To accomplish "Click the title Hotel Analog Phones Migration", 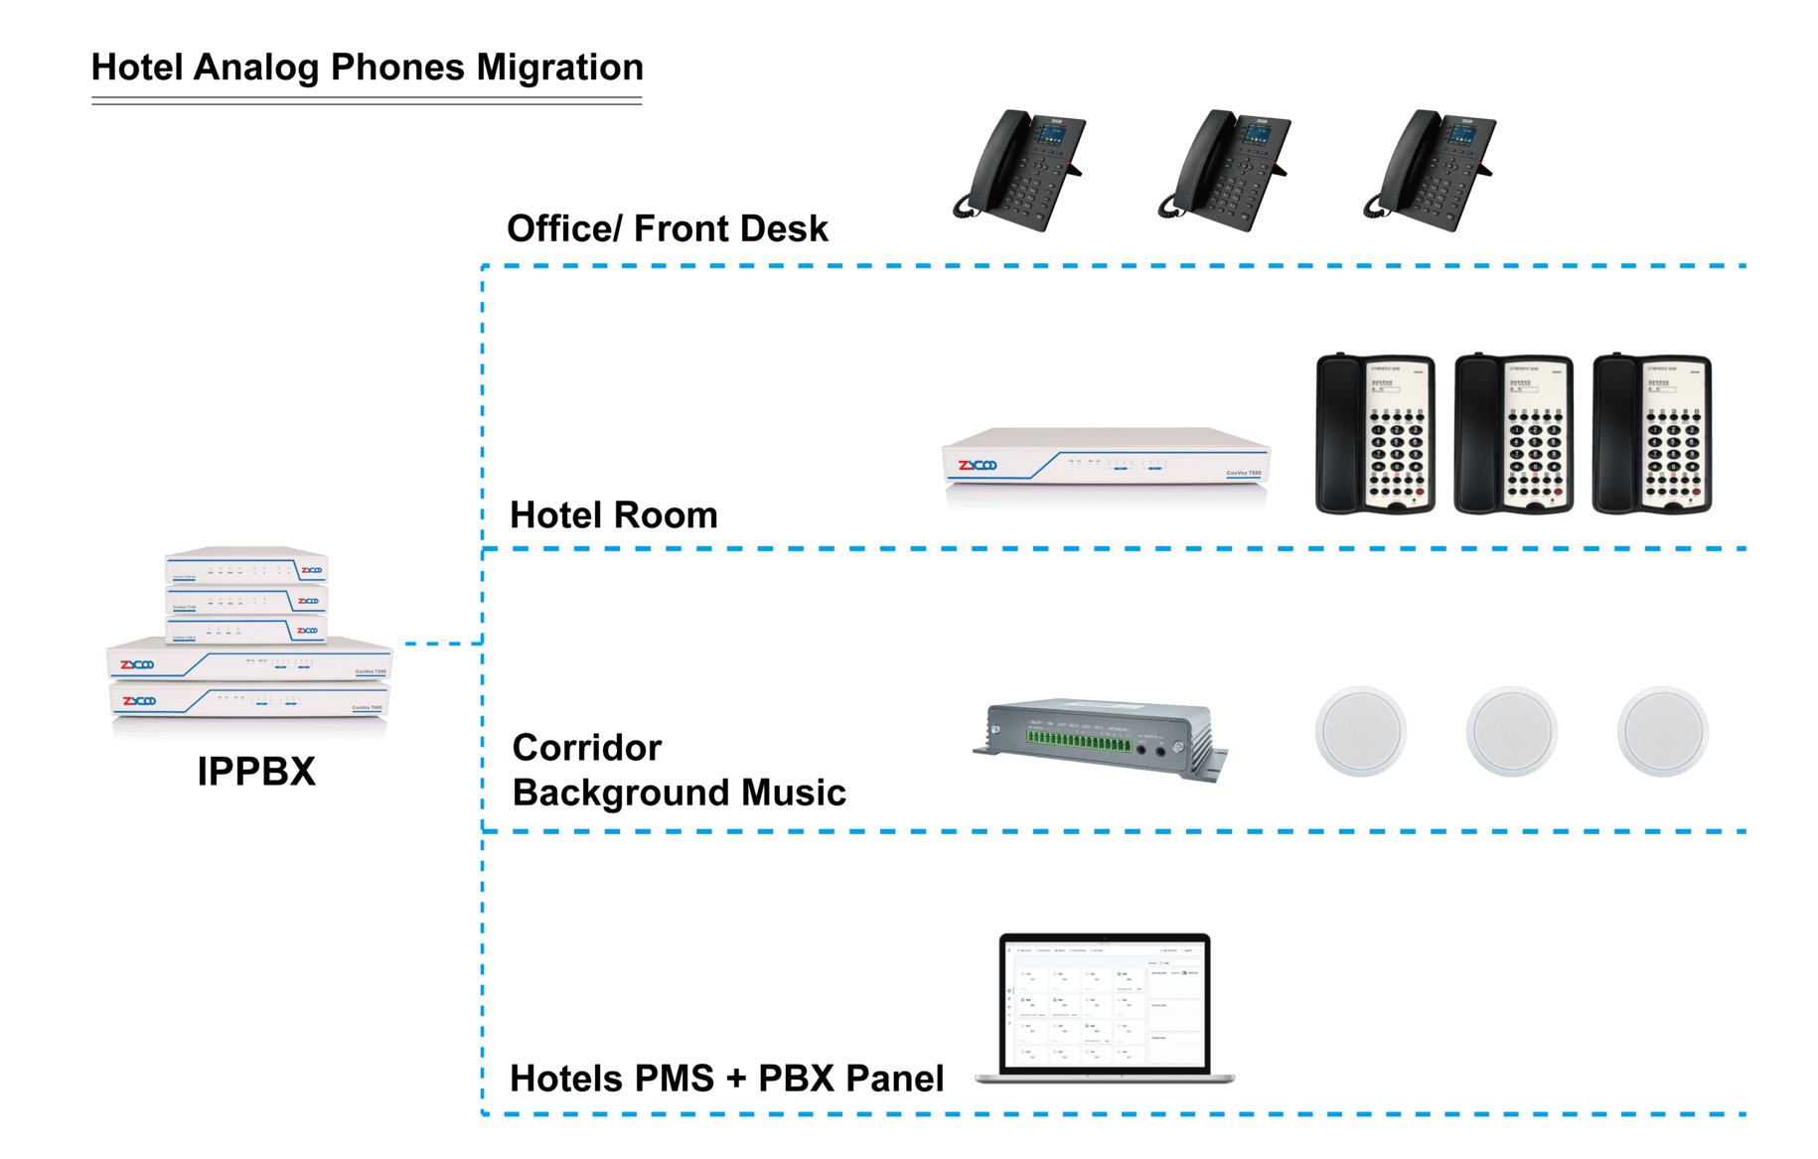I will point(368,68).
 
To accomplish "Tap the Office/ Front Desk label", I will point(671,229).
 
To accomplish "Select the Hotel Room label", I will point(613,515).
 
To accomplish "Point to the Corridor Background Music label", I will point(680,771).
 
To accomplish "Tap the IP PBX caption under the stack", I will point(256,772).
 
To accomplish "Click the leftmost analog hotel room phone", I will point(1375,435).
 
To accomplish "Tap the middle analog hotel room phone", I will point(1513,435).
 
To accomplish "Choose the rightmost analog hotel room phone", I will point(1651,435).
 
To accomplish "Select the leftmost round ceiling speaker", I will point(1361,732).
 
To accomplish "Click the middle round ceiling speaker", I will point(1511,732).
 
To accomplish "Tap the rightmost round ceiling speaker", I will point(1662,732).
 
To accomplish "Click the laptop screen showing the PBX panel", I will point(1104,1003).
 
